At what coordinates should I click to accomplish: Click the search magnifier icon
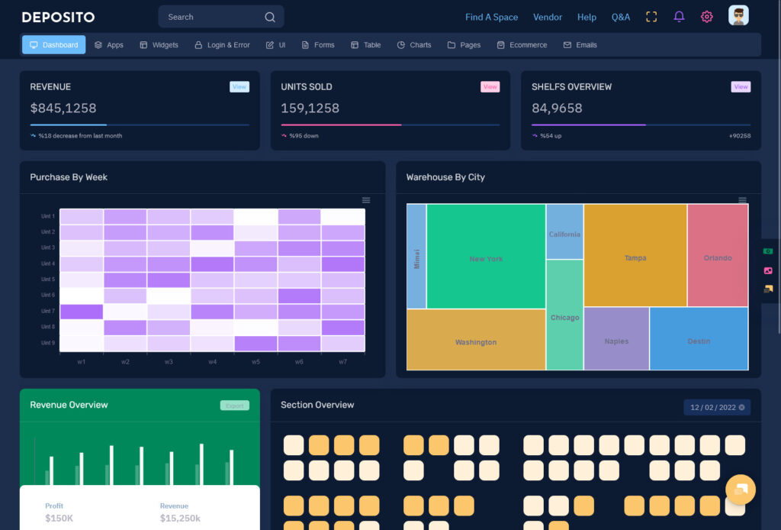click(x=270, y=17)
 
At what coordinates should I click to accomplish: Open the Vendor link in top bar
click(x=548, y=17)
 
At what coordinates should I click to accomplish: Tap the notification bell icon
click(x=679, y=17)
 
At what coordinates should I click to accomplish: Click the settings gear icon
click(x=707, y=17)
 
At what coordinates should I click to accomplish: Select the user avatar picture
click(x=738, y=16)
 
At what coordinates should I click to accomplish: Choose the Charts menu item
click(x=414, y=45)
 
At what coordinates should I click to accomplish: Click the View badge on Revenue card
click(x=239, y=87)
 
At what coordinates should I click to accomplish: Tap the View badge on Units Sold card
click(x=490, y=87)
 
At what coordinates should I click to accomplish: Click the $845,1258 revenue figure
click(x=63, y=108)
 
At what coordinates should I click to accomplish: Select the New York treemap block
click(x=486, y=259)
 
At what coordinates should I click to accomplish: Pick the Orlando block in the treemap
click(x=718, y=258)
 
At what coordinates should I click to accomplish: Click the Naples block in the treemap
click(x=616, y=341)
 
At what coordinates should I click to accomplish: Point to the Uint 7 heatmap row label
click(x=48, y=312)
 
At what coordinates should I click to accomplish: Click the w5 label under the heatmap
click(x=256, y=361)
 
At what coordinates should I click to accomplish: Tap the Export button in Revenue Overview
click(x=235, y=406)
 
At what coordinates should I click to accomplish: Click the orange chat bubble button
click(x=740, y=489)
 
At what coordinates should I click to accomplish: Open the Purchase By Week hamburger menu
click(x=366, y=200)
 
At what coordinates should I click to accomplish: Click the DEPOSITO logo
click(x=58, y=17)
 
